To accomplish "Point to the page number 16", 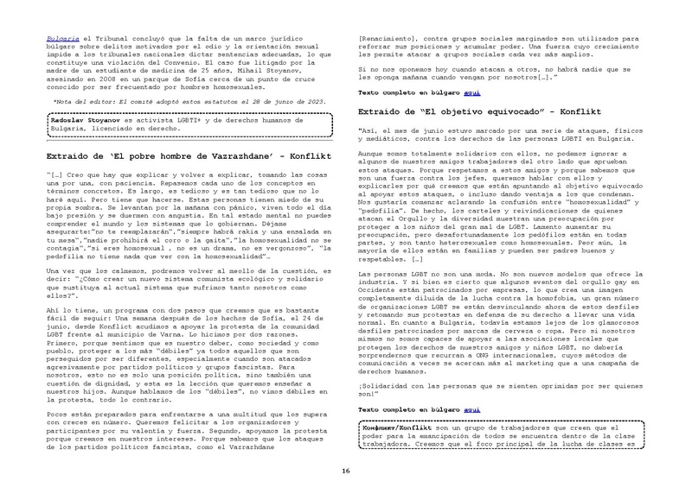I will (x=345, y=470).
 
